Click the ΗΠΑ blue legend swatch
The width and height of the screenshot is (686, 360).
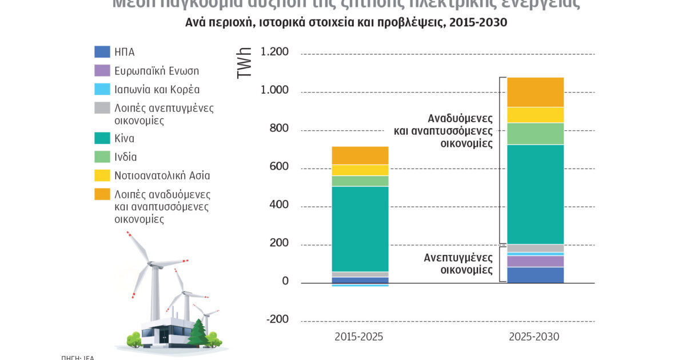pyautogui.click(x=102, y=52)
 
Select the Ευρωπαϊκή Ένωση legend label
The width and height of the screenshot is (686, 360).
pyautogui.click(x=156, y=71)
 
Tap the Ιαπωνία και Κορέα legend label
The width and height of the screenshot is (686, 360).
pyautogui.click(x=157, y=90)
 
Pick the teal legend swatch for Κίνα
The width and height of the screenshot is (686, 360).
pyautogui.click(x=102, y=138)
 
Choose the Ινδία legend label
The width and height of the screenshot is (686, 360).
pyautogui.click(x=125, y=157)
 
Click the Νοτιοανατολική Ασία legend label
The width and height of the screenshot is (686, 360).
pyautogui.click(x=166, y=176)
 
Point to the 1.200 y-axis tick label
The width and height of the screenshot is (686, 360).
pyautogui.click(x=274, y=53)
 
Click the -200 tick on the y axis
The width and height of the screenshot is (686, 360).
pyautogui.click(x=277, y=319)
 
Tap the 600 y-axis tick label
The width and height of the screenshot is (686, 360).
pyautogui.click(x=279, y=167)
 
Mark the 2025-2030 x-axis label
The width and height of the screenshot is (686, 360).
pyautogui.click(x=534, y=337)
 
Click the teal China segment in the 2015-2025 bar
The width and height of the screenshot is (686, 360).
pyautogui.click(x=360, y=229)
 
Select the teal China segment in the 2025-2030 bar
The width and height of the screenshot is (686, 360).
pyautogui.click(x=536, y=194)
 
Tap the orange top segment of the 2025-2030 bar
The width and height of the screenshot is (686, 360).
pyautogui.click(x=536, y=92)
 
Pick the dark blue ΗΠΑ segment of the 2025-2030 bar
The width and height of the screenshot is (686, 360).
pyautogui.click(x=536, y=275)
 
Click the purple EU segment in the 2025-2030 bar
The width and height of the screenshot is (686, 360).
pyautogui.click(x=536, y=261)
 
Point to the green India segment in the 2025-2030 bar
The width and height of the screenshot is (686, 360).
pyautogui.click(x=536, y=134)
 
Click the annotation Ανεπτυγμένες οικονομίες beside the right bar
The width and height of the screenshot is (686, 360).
pyautogui.click(x=458, y=263)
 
